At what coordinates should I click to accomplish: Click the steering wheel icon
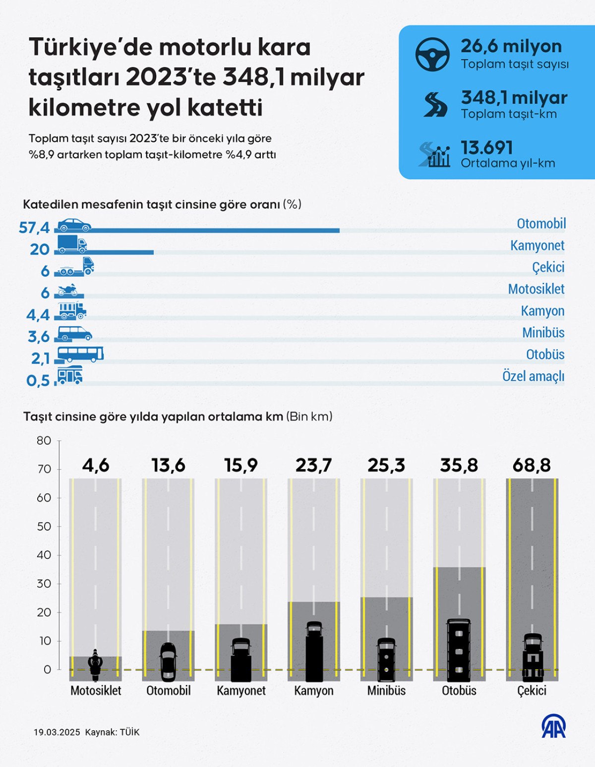coord(432,55)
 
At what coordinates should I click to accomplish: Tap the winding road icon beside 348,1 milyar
coord(435,105)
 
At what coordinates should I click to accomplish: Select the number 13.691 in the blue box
coord(487,148)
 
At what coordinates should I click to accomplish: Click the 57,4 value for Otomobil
coord(34,228)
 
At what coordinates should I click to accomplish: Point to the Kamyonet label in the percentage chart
coord(537,245)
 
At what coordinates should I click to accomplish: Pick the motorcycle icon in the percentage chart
coord(67,290)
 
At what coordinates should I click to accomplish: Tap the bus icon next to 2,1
coord(80,354)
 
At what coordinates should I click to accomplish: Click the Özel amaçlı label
coord(533,376)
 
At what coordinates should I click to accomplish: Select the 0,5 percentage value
coord(38,381)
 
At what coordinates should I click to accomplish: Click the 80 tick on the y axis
coord(44,441)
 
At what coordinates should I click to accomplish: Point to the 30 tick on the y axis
coord(44,584)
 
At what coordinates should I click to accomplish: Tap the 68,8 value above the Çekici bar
coord(532,466)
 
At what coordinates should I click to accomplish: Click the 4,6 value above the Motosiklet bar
coord(96,466)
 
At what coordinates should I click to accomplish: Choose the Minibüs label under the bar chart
coord(386,691)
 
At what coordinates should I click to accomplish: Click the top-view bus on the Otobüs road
coord(459,649)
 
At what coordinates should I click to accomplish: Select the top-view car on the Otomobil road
coord(168,662)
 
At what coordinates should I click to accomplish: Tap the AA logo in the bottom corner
coord(553,726)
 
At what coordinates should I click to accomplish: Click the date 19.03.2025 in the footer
coord(57,732)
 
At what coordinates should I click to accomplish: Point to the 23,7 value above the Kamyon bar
coord(313,466)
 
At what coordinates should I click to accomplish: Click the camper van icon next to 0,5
coord(70,375)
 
